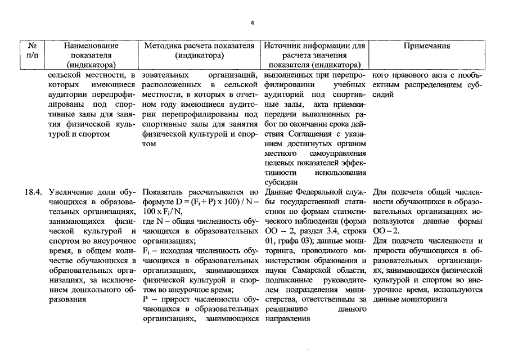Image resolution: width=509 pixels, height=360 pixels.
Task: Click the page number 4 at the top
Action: [x=253, y=23]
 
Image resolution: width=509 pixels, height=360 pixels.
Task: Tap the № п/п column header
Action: [x=32, y=50]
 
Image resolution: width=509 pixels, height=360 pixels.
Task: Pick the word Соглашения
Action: [x=309, y=134]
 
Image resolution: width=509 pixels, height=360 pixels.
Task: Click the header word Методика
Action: [x=163, y=45]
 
